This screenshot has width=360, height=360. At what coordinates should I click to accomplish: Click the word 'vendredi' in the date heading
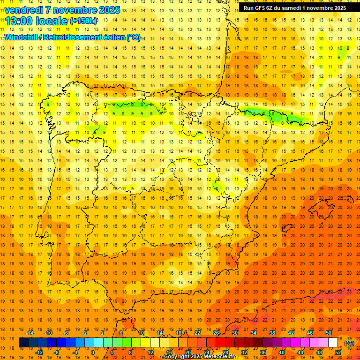(24, 10)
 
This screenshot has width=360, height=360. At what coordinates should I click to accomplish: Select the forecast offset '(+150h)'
(83, 21)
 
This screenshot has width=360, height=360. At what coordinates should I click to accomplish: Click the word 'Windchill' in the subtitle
(21, 37)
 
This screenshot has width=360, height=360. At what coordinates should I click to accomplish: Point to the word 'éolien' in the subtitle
(111, 37)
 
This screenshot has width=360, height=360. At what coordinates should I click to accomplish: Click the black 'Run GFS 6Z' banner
(295, 8)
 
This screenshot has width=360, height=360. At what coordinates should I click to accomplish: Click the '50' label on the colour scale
(328, 333)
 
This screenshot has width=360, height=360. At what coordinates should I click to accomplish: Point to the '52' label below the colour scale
(338, 352)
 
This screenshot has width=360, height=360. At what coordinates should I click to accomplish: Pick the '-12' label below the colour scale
(39, 352)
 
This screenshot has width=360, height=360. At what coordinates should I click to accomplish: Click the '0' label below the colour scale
(93, 352)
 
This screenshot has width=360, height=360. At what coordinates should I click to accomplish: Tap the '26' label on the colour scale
(216, 333)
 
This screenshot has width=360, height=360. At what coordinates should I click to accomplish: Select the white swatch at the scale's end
(333, 343)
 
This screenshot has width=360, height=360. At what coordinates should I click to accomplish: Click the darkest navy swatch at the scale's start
(23, 343)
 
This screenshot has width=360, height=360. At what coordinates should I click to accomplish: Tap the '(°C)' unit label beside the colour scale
(349, 343)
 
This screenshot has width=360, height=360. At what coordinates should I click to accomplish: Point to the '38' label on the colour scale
(272, 333)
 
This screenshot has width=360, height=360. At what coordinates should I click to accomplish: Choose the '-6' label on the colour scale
(66, 333)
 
